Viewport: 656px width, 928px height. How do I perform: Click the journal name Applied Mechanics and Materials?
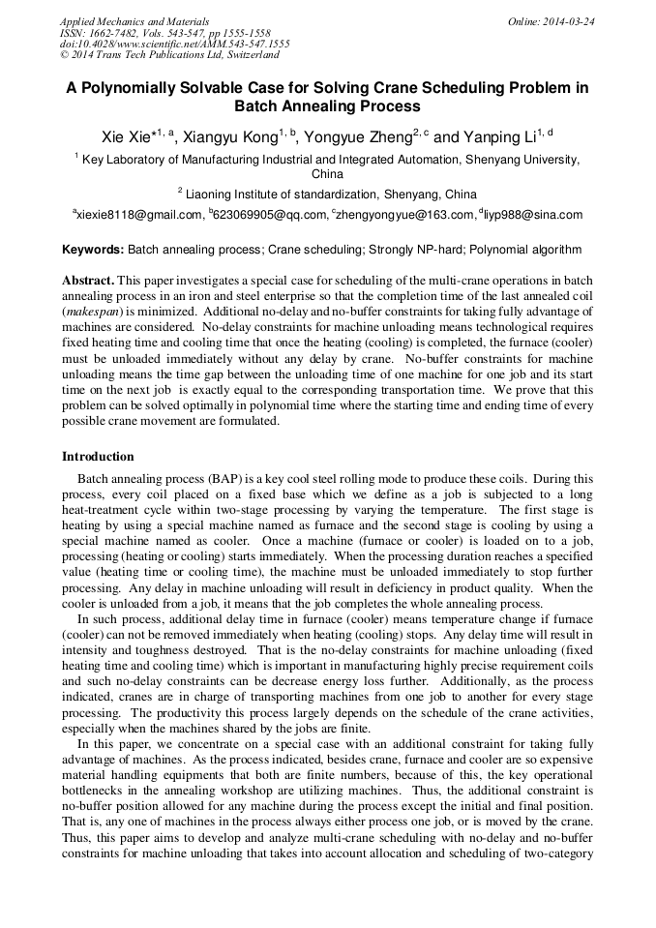tap(134, 21)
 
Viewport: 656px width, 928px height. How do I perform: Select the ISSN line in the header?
tap(166, 33)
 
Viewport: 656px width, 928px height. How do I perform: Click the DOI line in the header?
tap(174, 45)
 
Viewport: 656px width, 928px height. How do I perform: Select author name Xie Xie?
tap(126, 137)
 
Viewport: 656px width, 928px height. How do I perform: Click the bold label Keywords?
tap(93, 250)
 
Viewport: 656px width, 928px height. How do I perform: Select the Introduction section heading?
tap(98, 457)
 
